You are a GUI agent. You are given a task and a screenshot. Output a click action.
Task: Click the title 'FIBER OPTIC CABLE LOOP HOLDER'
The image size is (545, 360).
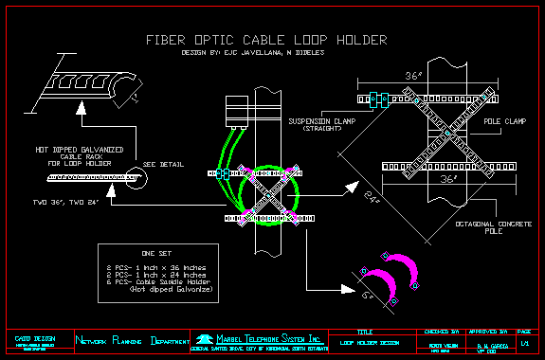coord(266,40)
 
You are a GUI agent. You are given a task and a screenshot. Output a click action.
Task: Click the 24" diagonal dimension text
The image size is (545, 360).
coord(372,198)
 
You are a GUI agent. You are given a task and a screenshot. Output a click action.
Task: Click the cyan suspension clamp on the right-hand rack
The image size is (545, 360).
coord(375,97)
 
